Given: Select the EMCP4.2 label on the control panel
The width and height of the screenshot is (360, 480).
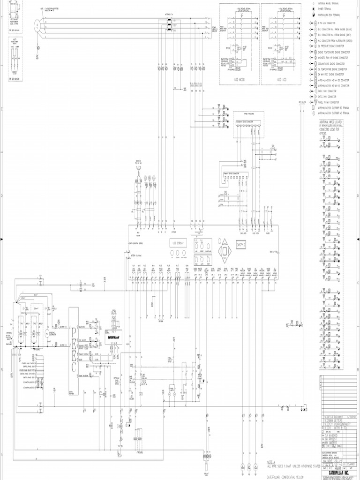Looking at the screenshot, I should point(241,244).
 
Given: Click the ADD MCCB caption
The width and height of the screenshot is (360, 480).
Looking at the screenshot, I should point(240,80).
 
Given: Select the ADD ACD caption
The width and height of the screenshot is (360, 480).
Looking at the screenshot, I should point(282,80).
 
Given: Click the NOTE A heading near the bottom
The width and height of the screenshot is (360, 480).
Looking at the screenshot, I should point(271,461).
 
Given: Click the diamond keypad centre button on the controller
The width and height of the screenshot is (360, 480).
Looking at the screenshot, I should point(226,251).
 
